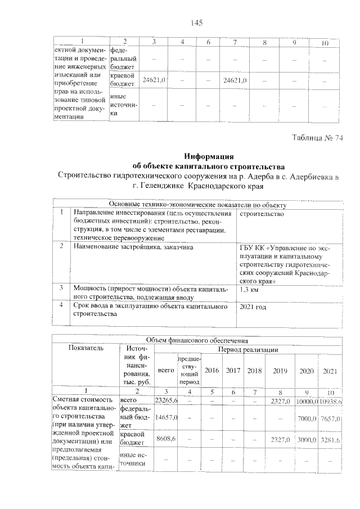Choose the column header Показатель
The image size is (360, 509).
click(85, 348)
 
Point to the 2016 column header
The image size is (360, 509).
click(211, 371)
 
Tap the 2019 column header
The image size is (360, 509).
click(280, 371)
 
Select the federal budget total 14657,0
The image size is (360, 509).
click(166, 417)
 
